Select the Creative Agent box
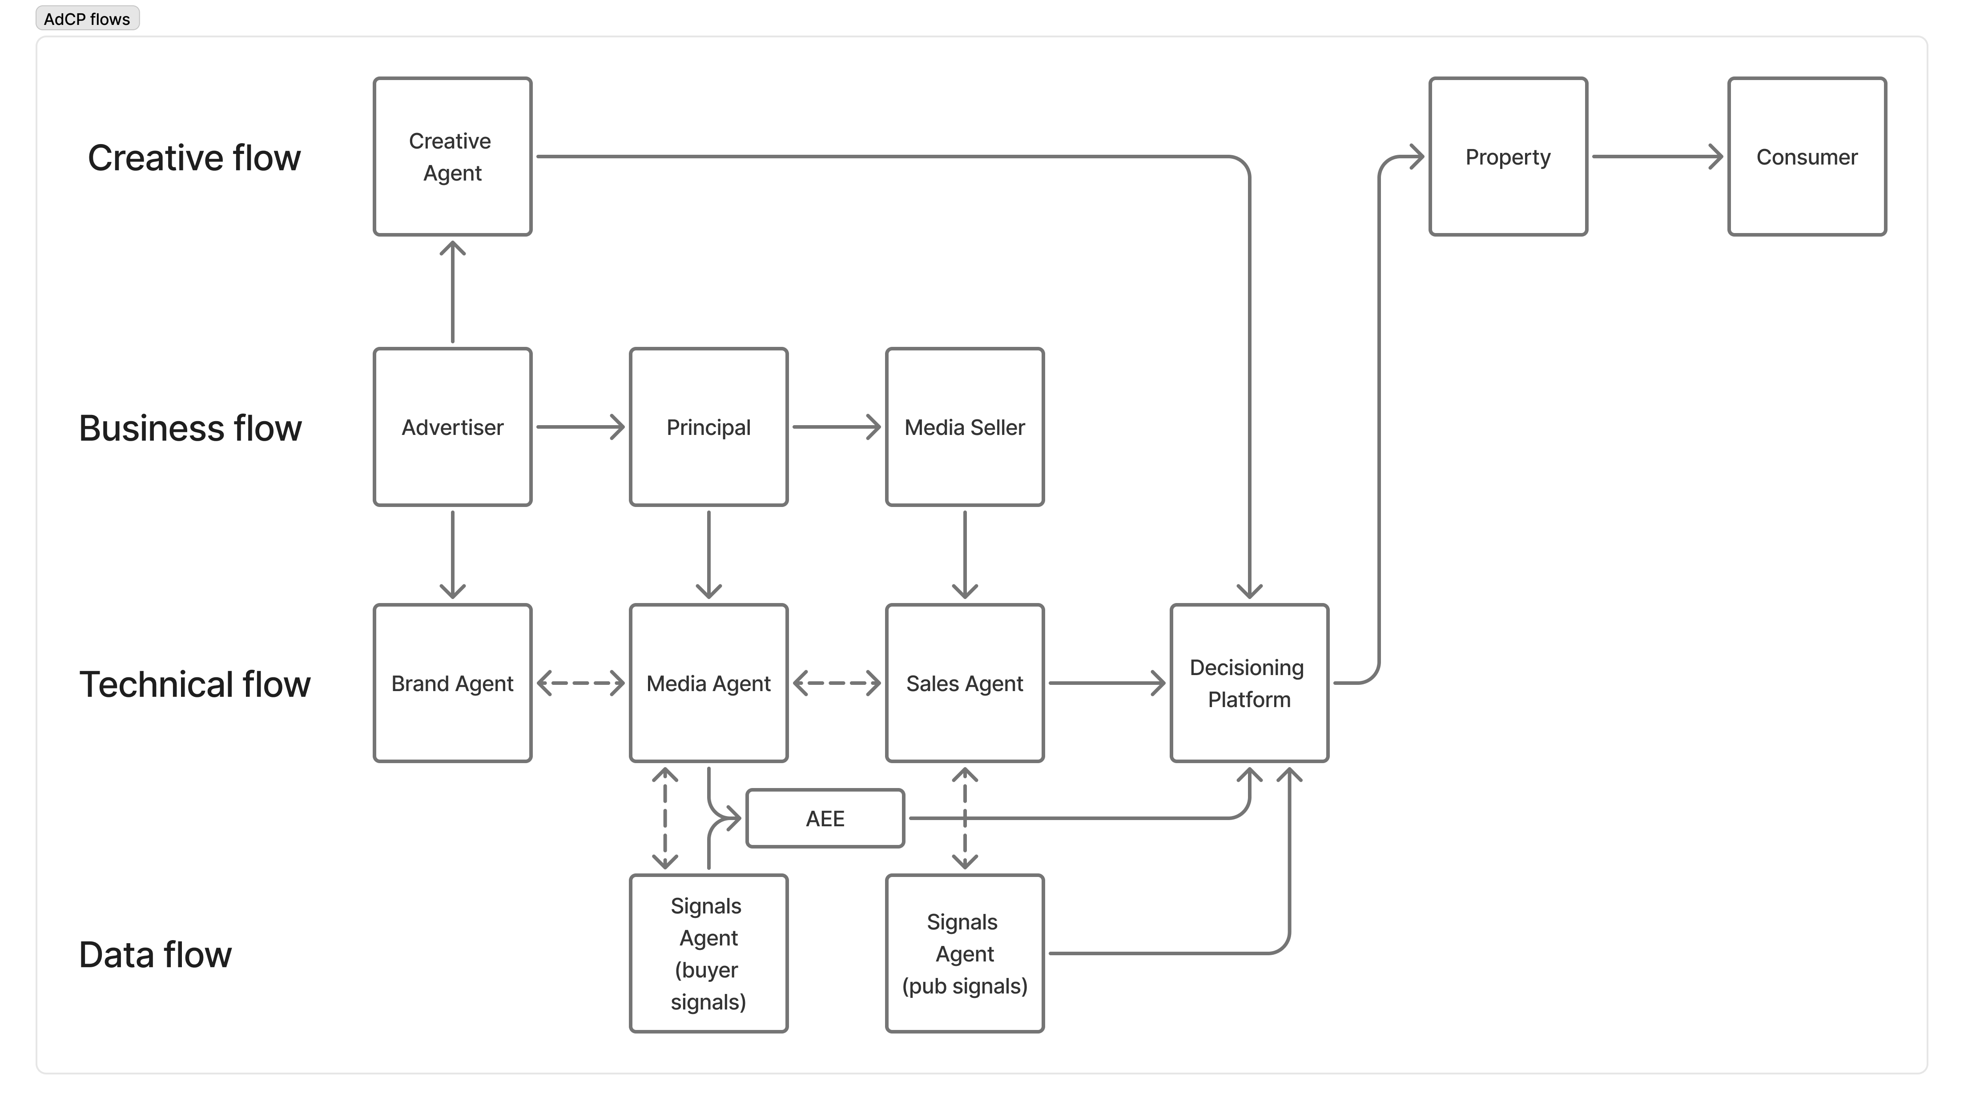point(452,156)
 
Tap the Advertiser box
point(452,427)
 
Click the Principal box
point(708,427)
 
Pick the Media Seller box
point(965,427)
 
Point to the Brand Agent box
point(452,683)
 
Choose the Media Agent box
point(708,683)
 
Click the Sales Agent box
point(965,683)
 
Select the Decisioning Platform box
point(1249,683)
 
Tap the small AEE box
point(825,818)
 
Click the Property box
point(1507,156)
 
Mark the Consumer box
point(1806,156)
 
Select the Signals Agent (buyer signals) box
point(708,953)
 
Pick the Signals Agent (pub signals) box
point(965,953)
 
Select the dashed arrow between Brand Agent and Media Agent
point(580,683)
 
